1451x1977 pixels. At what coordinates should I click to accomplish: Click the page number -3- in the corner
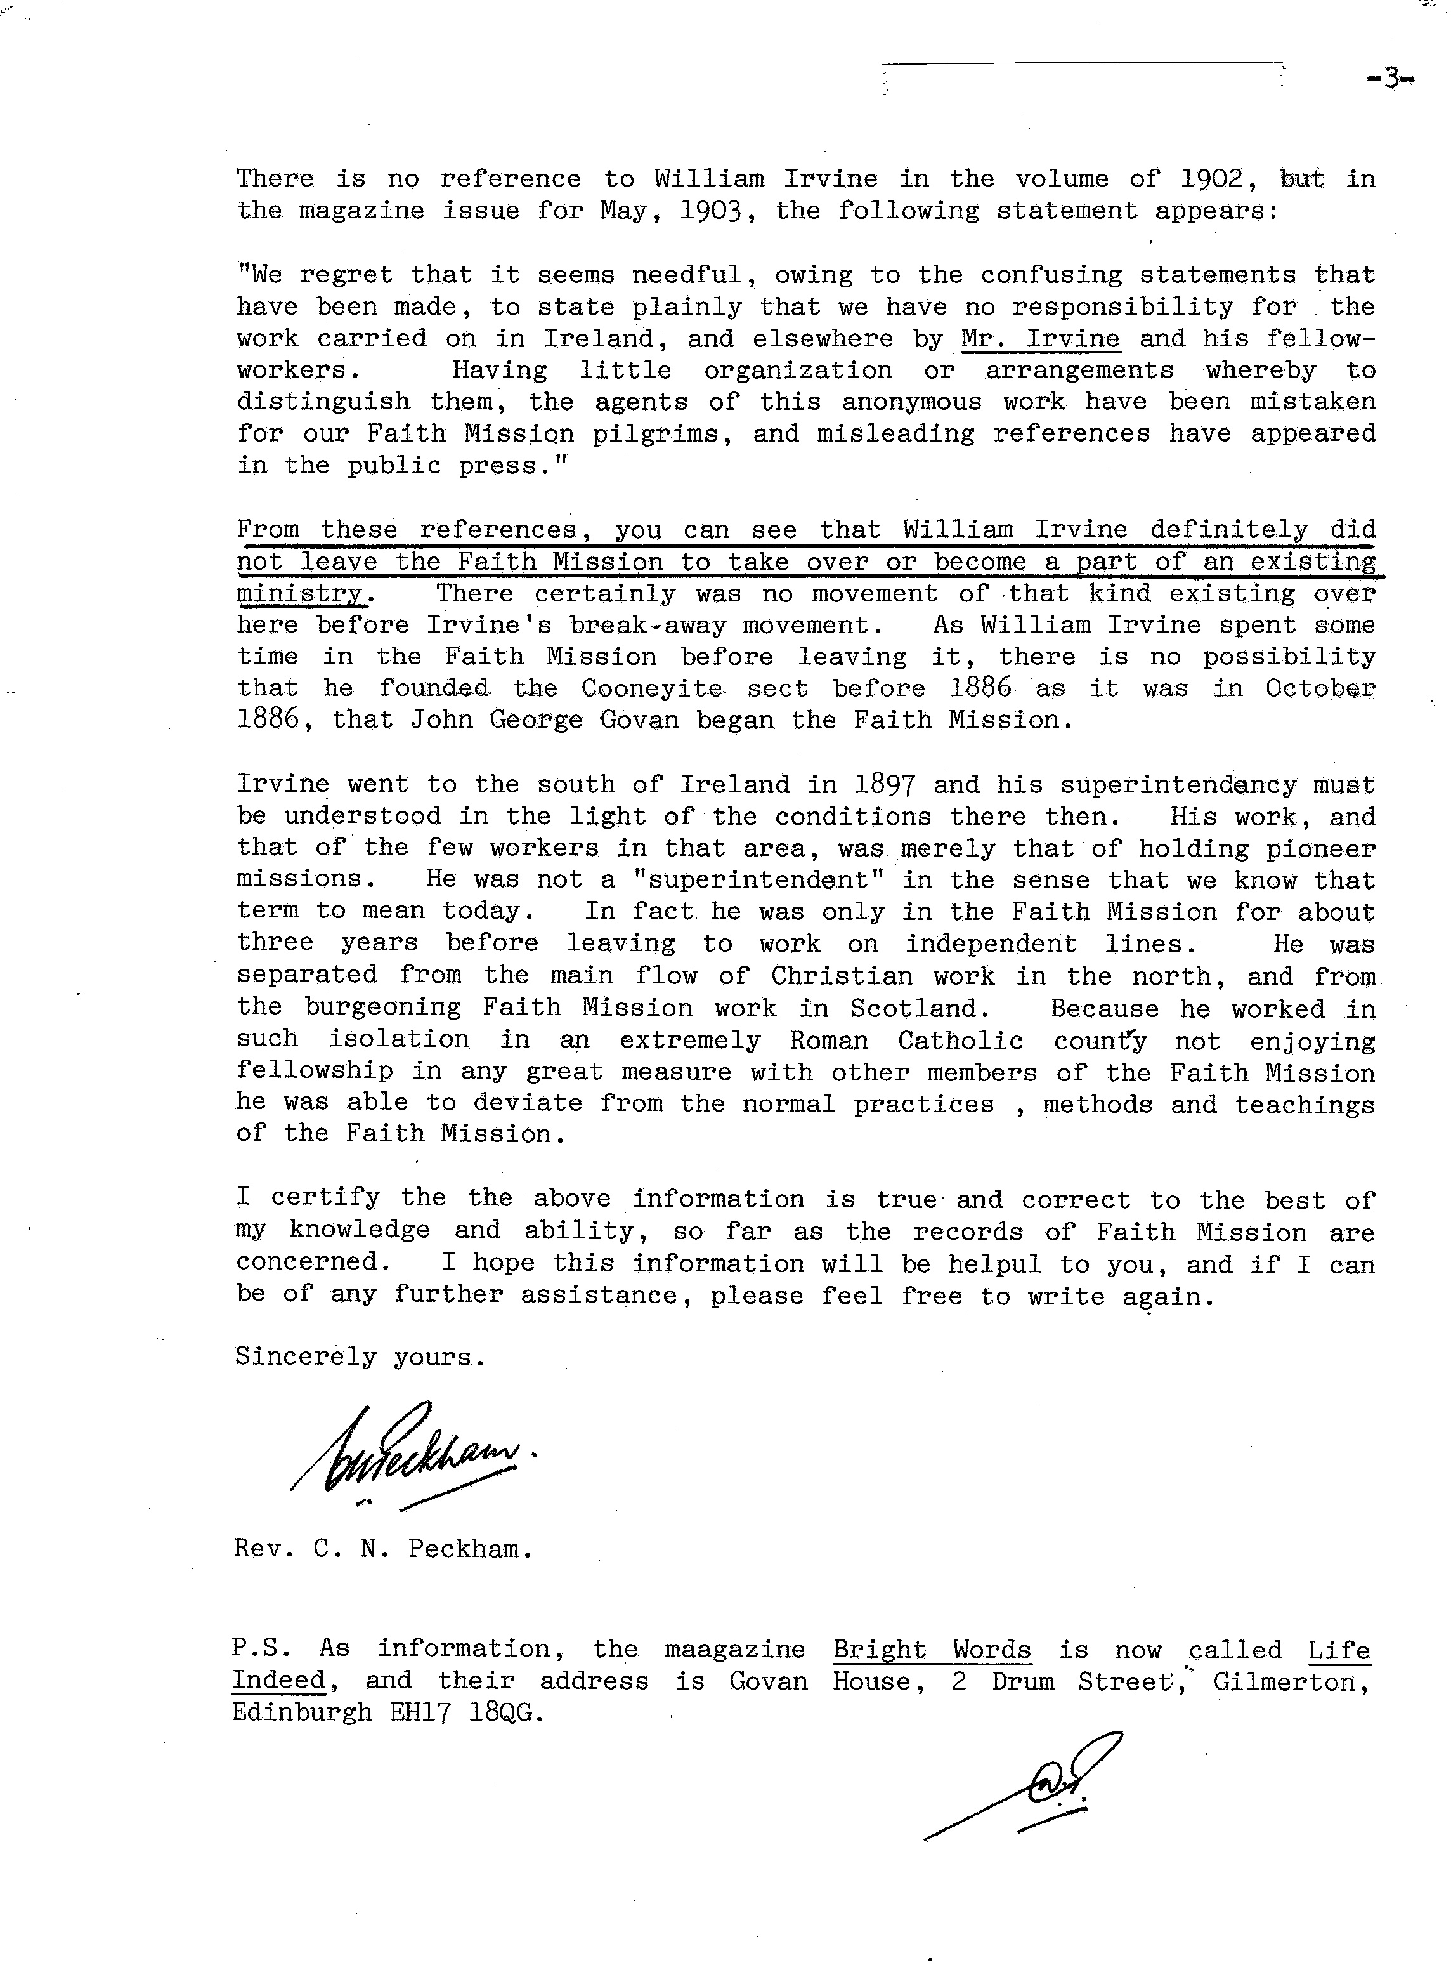1389,79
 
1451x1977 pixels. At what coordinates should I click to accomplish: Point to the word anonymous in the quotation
911,402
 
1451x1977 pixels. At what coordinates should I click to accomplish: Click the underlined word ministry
299,594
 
